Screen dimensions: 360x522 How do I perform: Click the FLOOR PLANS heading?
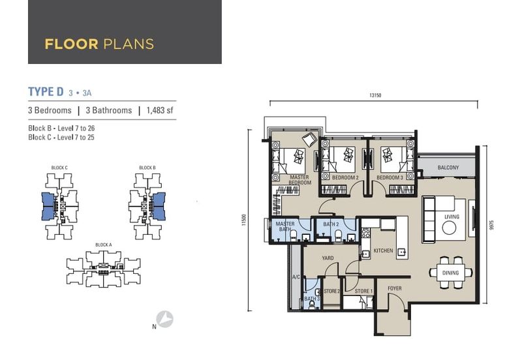(x=99, y=44)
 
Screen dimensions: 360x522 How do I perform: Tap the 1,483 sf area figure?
(x=159, y=110)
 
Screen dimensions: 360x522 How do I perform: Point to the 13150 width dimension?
(x=375, y=95)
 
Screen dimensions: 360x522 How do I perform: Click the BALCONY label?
(x=448, y=168)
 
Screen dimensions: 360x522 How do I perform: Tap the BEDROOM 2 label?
(x=346, y=177)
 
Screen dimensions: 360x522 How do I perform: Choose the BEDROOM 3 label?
(x=390, y=177)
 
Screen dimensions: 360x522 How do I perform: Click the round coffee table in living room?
(x=449, y=228)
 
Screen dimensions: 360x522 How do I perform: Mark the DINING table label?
(x=450, y=273)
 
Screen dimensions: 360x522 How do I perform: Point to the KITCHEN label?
(x=383, y=250)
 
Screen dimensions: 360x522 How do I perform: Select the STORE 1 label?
(x=363, y=291)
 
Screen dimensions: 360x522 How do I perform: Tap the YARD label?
(x=328, y=258)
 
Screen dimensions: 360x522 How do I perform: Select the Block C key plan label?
(x=59, y=168)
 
